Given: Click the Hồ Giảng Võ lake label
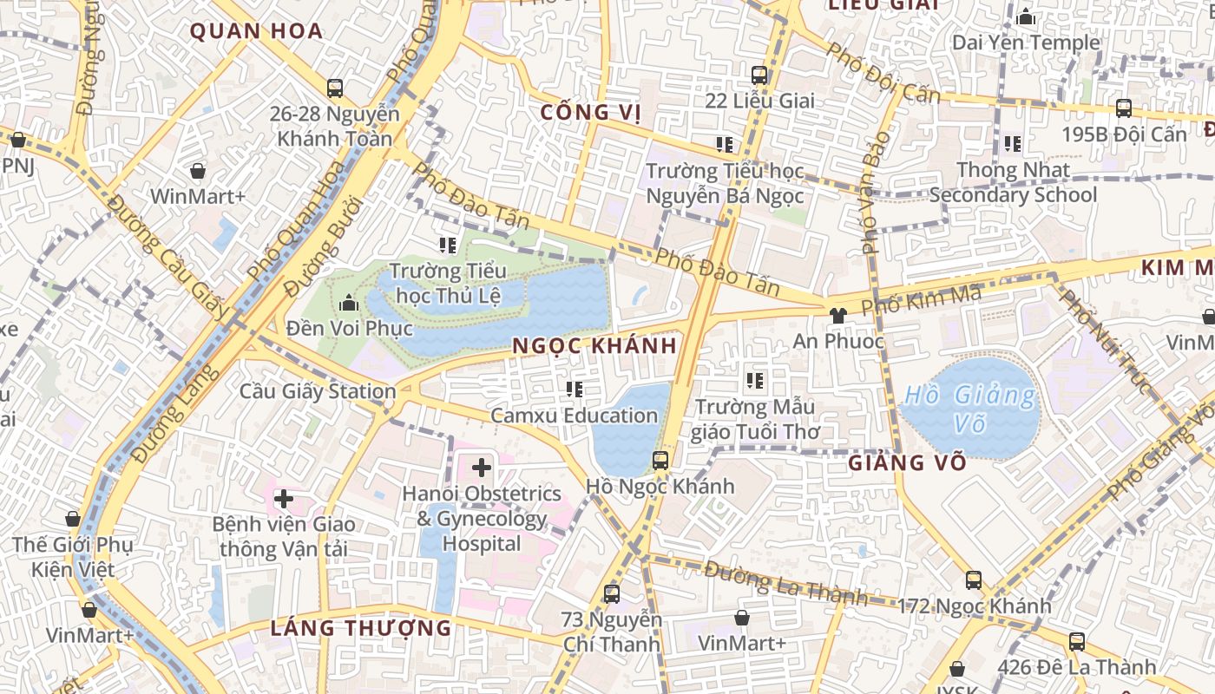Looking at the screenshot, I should pyautogui.click(x=969, y=409).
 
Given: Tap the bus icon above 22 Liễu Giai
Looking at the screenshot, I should pyautogui.click(x=759, y=75).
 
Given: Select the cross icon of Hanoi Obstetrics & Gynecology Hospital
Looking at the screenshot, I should pyautogui.click(x=481, y=468).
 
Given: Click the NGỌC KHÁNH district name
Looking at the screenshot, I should pyautogui.click(x=594, y=345).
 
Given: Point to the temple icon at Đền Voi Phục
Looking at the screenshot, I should pyautogui.click(x=349, y=303).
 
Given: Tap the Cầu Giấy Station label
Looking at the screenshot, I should pyautogui.click(x=318, y=391).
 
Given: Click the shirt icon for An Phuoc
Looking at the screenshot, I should pyautogui.click(x=837, y=316).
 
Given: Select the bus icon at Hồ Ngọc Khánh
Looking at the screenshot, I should pyautogui.click(x=660, y=461).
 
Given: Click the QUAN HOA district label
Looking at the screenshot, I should pyautogui.click(x=256, y=32).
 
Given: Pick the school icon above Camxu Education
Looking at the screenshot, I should pyautogui.click(x=574, y=390).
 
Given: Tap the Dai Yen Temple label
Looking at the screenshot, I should pyautogui.click(x=1026, y=43).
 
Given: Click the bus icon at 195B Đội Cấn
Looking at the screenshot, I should pyautogui.click(x=1124, y=108).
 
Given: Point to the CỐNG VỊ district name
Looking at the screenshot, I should pyautogui.click(x=590, y=112).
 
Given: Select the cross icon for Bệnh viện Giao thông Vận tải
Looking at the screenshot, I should pyautogui.click(x=283, y=499).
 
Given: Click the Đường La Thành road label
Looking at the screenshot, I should pyautogui.click(x=785, y=582).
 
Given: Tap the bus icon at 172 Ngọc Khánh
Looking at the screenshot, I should pyautogui.click(x=974, y=580).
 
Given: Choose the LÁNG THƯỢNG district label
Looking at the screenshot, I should pyautogui.click(x=361, y=628).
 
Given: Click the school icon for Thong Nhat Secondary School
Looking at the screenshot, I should pyautogui.click(x=1012, y=144).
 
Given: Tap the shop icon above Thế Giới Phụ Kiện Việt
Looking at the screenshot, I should pyautogui.click(x=73, y=519).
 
